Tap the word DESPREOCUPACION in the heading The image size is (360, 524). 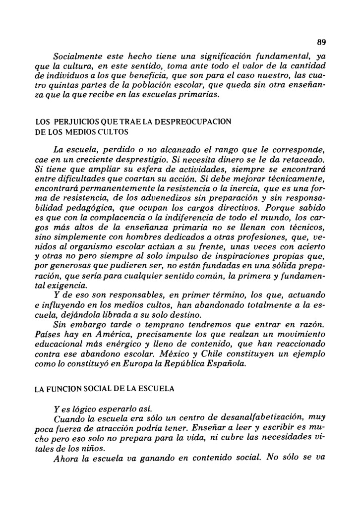198,121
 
